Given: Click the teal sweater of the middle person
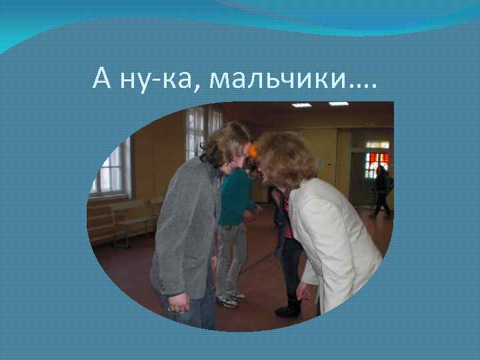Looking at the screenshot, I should point(235,196).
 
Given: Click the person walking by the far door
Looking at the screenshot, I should point(382,190).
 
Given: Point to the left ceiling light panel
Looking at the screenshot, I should point(301,105).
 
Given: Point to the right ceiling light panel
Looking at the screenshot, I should point(339,104).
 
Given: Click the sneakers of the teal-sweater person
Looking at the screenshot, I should point(229,299).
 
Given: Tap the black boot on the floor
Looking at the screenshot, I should point(289,308).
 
